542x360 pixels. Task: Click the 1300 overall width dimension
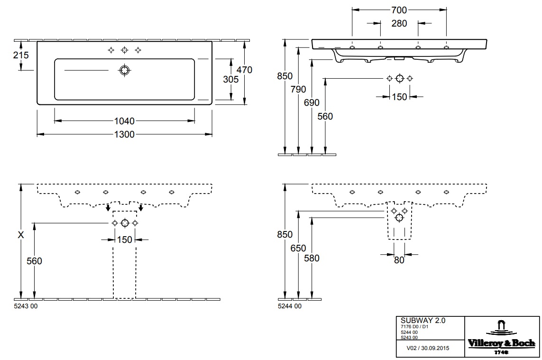(x=124, y=134)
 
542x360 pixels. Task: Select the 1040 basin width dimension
(x=124, y=121)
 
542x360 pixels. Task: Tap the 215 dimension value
(x=21, y=55)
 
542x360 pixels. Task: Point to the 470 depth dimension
(x=244, y=70)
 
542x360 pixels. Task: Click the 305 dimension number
(x=231, y=80)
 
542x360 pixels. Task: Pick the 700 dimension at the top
(x=399, y=10)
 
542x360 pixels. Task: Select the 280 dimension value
(x=399, y=24)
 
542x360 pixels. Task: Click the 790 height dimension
(x=298, y=90)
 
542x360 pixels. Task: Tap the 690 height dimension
(x=312, y=103)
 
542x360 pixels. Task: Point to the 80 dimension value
(x=399, y=260)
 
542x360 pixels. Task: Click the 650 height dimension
(x=298, y=248)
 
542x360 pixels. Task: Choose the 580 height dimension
(x=312, y=258)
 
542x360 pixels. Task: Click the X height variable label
(x=21, y=235)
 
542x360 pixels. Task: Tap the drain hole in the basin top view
(x=124, y=70)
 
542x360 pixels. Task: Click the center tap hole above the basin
(x=124, y=50)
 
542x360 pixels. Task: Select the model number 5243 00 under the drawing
(x=26, y=306)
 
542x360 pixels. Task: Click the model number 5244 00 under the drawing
(x=290, y=306)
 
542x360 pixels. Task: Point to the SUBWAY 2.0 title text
(x=423, y=321)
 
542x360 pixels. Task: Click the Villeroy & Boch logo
(x=502, y=337)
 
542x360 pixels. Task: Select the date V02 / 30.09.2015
(x=428, y=348)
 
